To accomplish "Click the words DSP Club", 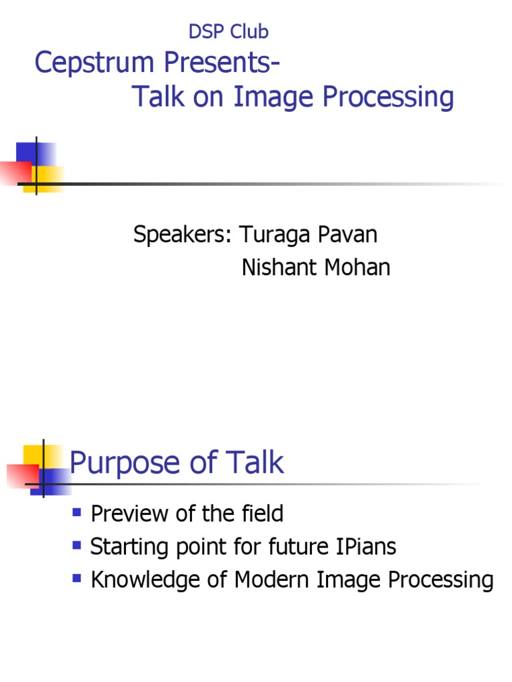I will (x=228, y=31).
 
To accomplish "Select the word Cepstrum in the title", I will (x=81, y=64).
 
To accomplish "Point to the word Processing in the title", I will (x=388, y=97).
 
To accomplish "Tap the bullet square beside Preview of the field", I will (x=76, y=511).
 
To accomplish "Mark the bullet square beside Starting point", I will (x=76, y=545).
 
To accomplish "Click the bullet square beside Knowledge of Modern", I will (x=76, y=578).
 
